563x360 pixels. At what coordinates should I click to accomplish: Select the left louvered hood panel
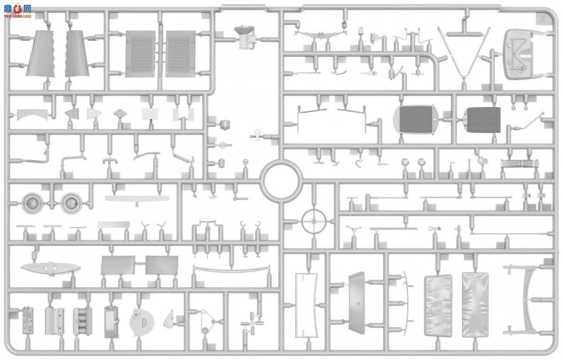(140, 54)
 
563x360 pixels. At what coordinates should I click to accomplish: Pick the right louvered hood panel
(180, 54)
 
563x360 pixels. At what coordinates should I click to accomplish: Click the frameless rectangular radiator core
(482, 120)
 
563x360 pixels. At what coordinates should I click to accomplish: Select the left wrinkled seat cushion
(438, 306)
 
